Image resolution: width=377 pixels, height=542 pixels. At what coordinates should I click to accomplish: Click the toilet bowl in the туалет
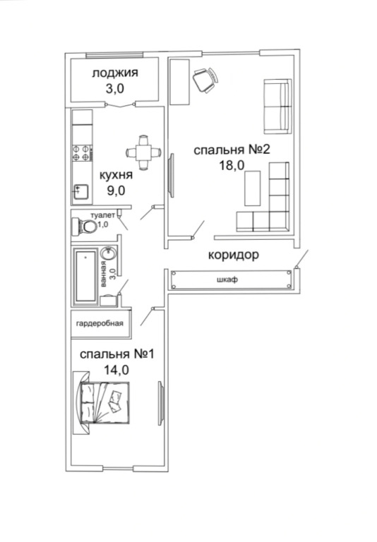(x=84, y=227)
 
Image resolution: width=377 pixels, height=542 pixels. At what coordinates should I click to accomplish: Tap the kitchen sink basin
(x=81, y=191)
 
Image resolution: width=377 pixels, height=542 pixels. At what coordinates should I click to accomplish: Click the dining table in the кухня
(x=143, y=152)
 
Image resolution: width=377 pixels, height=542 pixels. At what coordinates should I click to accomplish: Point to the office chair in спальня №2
(x=205, y=80)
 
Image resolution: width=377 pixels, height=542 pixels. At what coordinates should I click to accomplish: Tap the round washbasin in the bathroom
(x=109, y=254)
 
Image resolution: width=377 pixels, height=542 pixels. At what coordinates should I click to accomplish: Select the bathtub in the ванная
(x=85, y=276)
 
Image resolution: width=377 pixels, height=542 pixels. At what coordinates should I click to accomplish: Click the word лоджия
(x=115, y=73)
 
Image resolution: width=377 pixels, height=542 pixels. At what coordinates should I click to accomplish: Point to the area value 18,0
(x=232, y=165)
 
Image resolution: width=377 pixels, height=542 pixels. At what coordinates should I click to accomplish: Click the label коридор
(x=234, y=255)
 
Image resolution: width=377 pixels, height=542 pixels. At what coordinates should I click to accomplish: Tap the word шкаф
(x=227, y=279)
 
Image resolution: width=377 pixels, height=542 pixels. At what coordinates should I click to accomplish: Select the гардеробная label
(x=100, y=323)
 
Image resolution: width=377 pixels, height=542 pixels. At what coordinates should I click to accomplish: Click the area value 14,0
(x=116, y=370)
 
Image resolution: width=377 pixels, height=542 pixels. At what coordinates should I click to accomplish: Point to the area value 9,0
(x=116, y=191)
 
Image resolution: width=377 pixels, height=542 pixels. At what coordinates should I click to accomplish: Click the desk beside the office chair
(x=180, y=82)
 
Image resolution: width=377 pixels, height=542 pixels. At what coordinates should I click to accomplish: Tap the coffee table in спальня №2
(x=253, y=188)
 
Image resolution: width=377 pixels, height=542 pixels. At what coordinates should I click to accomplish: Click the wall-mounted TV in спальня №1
(x=160, y=403)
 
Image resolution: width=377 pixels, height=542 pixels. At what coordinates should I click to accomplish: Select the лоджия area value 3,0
(x=115, y=89)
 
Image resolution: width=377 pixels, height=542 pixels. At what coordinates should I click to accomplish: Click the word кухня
(x=116, y=175)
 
